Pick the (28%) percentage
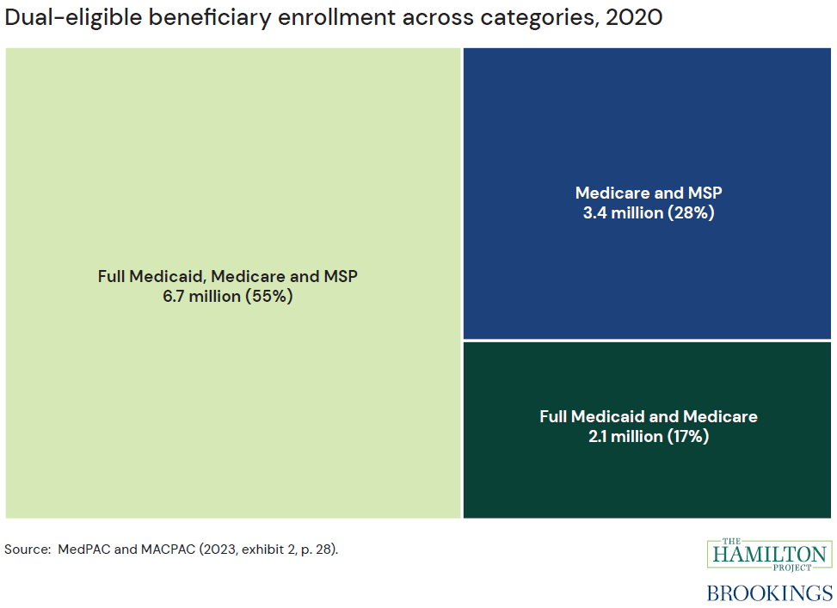pyautogui.click(x=690, y=213)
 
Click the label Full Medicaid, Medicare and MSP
pyautogui.click(x=227, y=276)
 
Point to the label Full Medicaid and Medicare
pyautogui.click(x=649, y=416)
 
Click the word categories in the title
pyautogui.click(x=534, y=18)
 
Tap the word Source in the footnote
pyautogui.click(x=26, y=548)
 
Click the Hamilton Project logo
pyautogui.click(x=769, y=552)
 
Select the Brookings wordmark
pyautogui.click(x=769, y=593)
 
